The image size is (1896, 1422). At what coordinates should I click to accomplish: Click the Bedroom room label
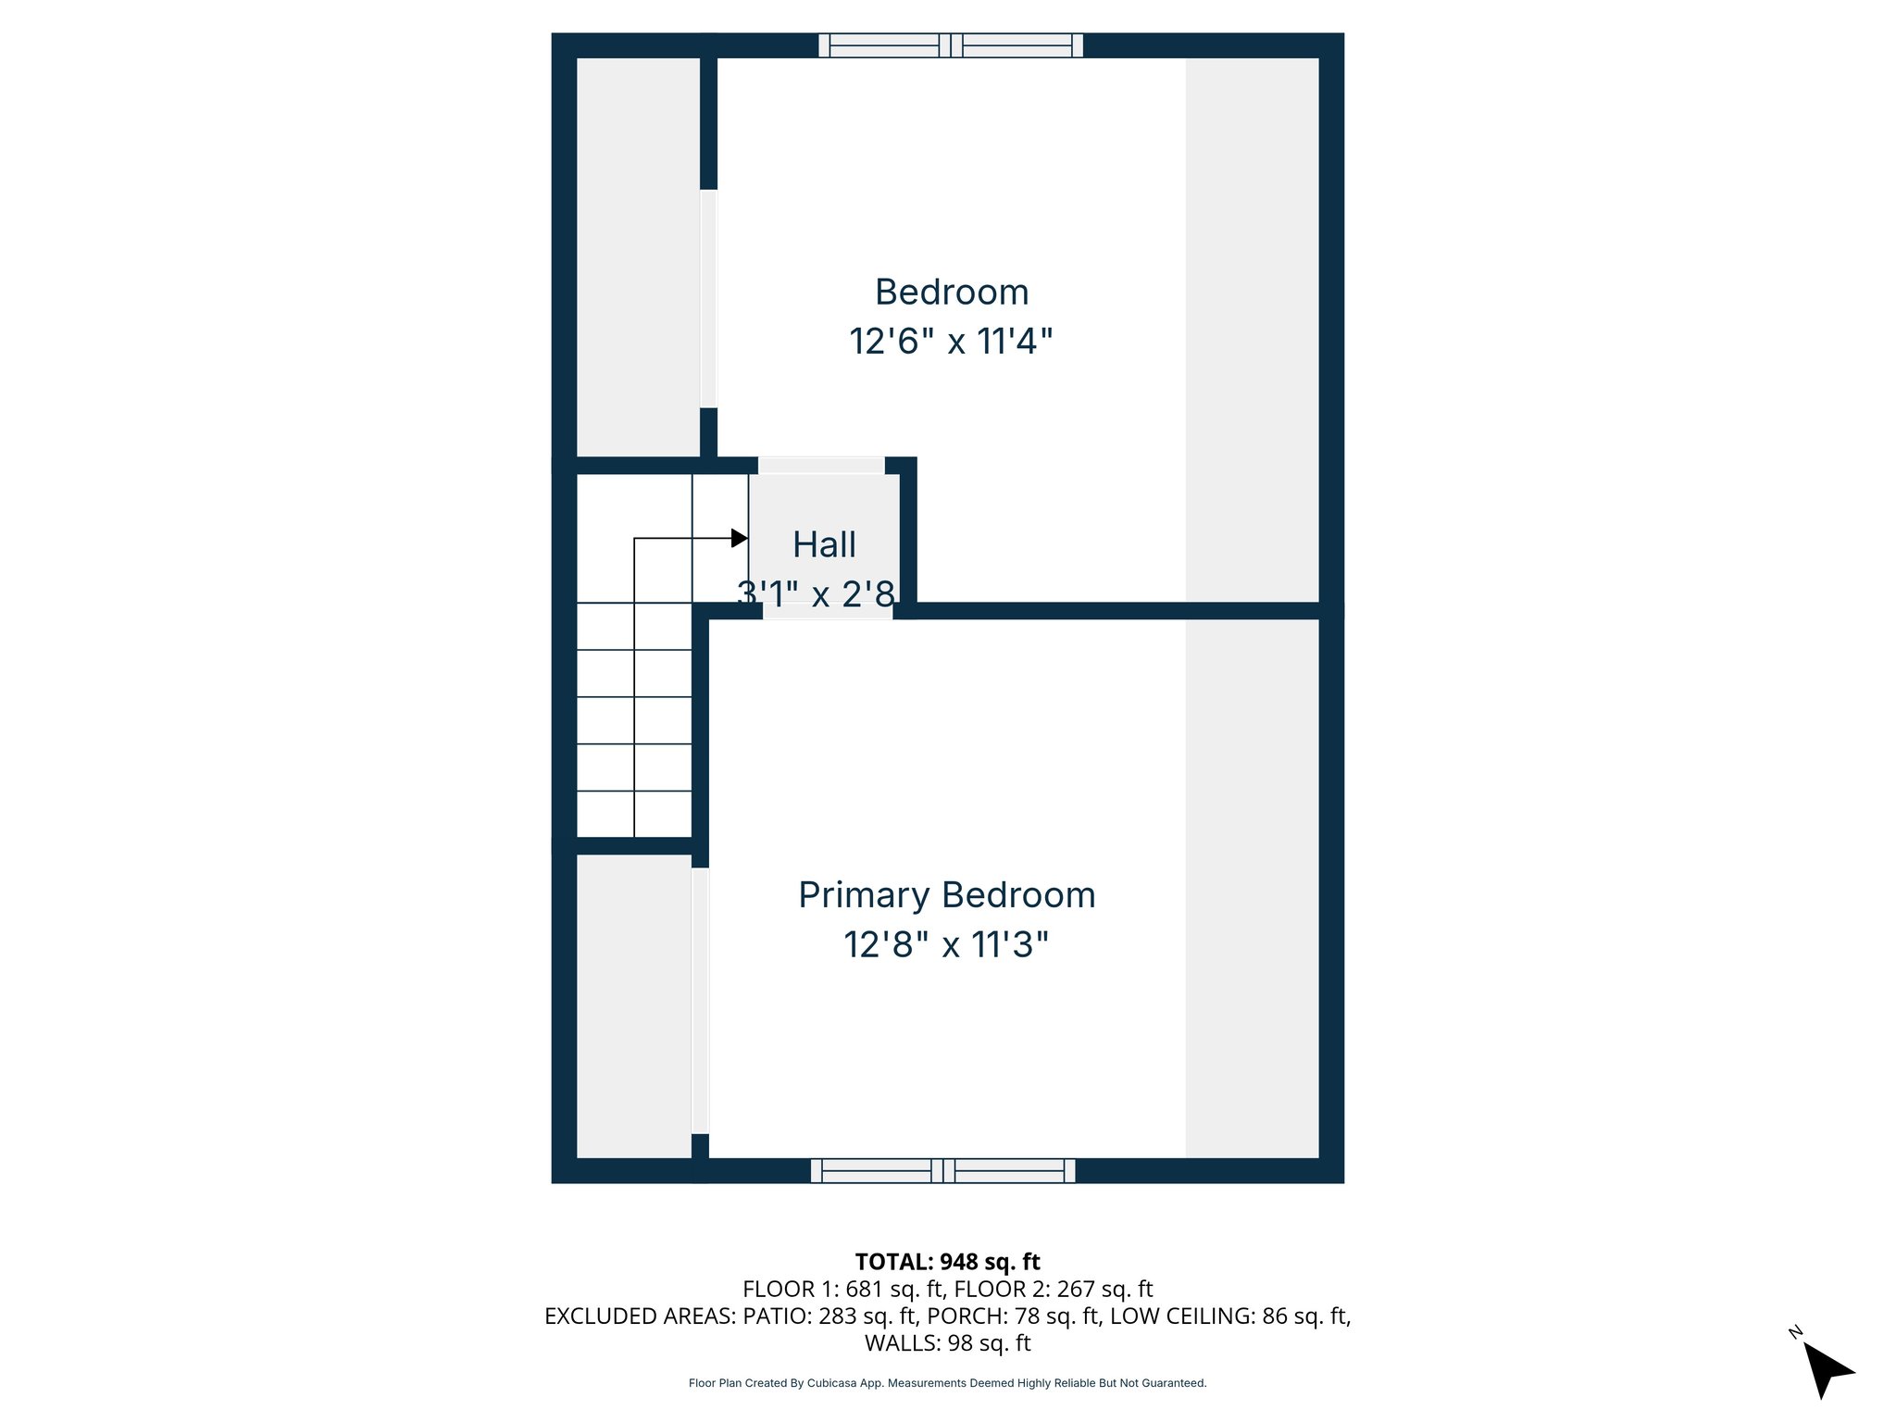tap(952, 293)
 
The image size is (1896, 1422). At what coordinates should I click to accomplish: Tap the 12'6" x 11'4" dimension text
tap(952, 342)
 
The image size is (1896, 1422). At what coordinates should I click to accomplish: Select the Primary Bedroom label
tap(947, 895)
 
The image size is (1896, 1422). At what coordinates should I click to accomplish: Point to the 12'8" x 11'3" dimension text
tap(946, 945)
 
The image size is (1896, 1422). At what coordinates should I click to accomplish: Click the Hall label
tap(824, 545)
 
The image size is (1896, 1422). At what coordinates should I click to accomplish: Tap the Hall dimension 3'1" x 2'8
tap(817, 593)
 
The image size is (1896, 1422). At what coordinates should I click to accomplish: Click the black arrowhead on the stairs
tap(739, 538)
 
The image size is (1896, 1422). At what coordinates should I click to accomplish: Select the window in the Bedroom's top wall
tap(951, 45)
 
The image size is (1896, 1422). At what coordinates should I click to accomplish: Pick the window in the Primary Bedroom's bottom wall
tap(942, 1171)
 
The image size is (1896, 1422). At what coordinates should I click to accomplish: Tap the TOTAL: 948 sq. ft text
tap(947, 1262)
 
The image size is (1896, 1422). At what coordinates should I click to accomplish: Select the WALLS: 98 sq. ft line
tap(947, 1342)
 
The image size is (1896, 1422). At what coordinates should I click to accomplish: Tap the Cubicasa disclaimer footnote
tap(947, 1383)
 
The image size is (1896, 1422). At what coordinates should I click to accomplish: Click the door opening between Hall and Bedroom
tap(821, 466)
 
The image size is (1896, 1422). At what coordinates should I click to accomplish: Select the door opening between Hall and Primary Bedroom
tap(827, 611)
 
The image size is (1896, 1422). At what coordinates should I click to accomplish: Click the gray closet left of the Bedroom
tap(638, 257)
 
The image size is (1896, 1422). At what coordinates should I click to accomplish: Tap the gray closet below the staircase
tap(634, 1005)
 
